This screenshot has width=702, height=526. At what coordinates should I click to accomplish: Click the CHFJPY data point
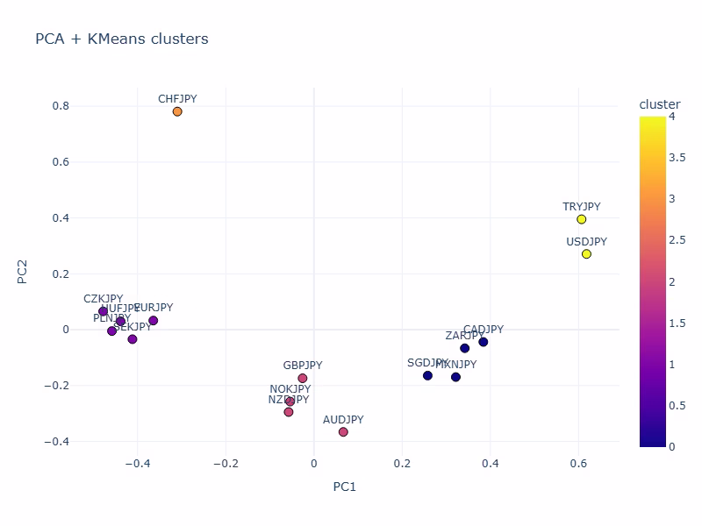click(177, 111)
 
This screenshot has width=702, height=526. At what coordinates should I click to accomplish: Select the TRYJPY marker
click(581, 219)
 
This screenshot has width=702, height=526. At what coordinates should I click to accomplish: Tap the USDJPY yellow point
click(586, 254)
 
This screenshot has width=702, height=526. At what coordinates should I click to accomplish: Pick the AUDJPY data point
click(343, 432)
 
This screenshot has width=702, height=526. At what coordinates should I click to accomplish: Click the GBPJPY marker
click(303, 379)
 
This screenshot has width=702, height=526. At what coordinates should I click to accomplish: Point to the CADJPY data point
click(483, 342)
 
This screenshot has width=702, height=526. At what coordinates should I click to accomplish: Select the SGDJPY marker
click(427, 375)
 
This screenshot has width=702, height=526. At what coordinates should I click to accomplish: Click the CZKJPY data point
click(103, 311)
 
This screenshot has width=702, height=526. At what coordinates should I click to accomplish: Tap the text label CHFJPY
click(177, 99)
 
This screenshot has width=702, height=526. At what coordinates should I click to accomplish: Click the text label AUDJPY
click(343, 420)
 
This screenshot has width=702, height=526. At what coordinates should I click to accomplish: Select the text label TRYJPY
click(582, 207)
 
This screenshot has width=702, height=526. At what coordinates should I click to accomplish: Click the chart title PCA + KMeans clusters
click(121, 39)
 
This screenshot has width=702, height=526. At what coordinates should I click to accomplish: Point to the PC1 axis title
click(344, 487)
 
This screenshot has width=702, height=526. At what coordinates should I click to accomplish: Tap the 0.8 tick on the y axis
click(61, 106)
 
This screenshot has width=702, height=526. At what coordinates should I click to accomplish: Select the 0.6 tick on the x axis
click(578, 462)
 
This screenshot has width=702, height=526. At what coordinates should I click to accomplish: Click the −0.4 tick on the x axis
click(135, 462)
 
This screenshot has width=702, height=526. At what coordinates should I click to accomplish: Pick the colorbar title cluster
click(659, 104)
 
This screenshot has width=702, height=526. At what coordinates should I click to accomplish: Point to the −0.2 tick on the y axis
click(57, 386)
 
